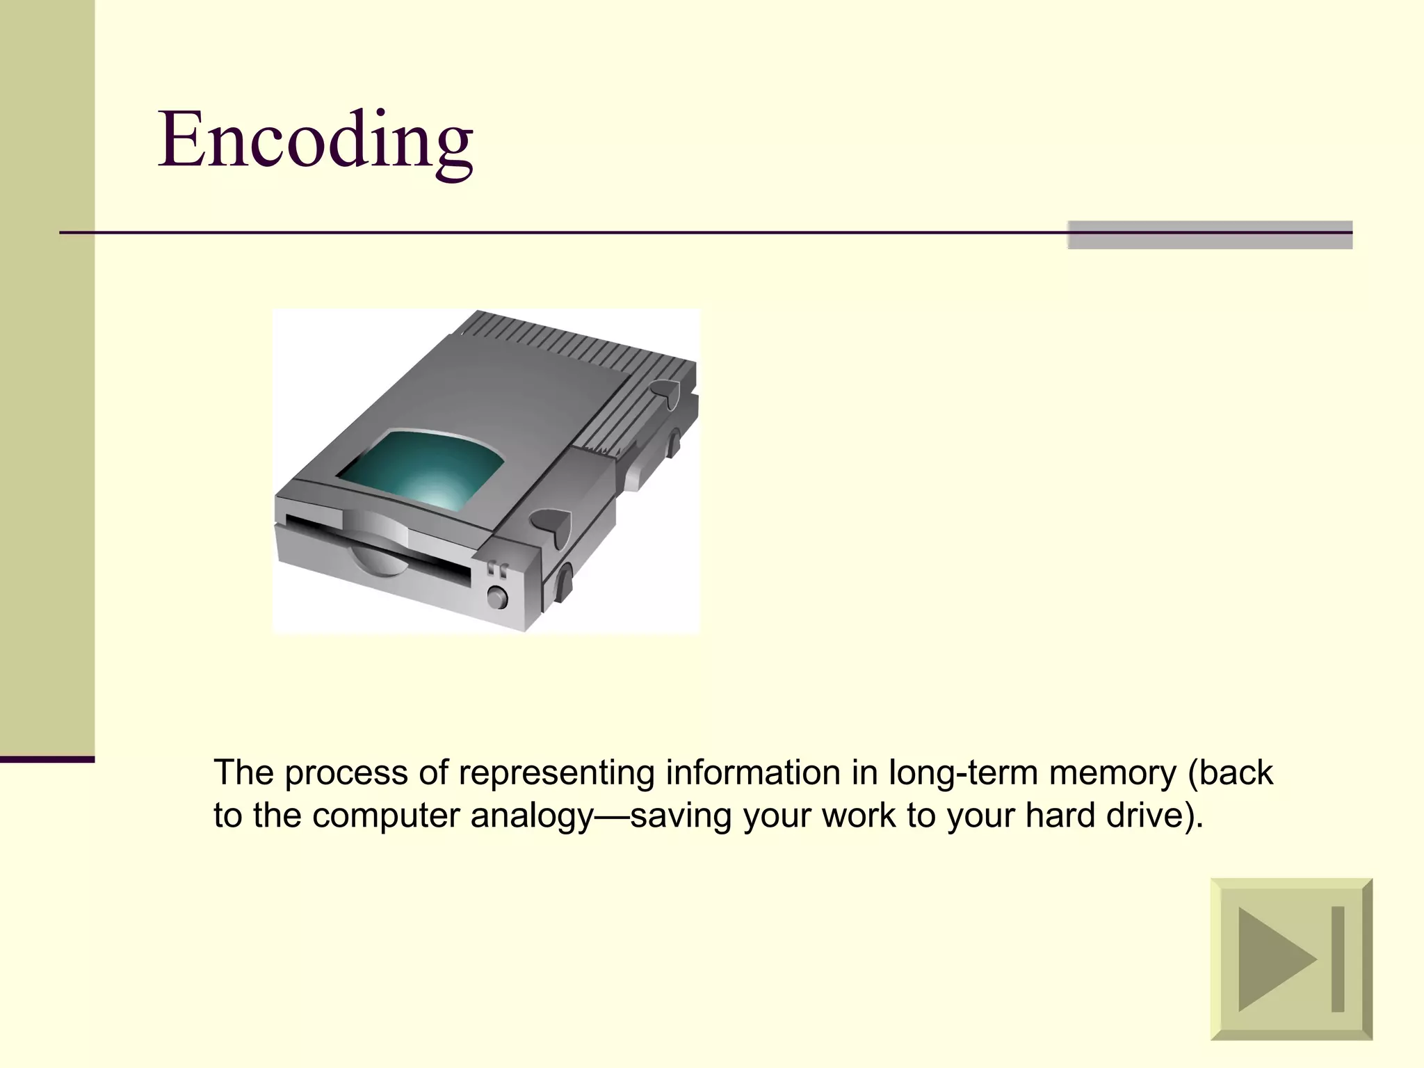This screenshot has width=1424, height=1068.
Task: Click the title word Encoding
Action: click(316, 140)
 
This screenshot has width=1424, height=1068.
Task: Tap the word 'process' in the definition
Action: click(346, 772)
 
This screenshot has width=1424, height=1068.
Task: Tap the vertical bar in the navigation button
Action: click(1337, 959)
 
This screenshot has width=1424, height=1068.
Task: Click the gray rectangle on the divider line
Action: click(1209, 235)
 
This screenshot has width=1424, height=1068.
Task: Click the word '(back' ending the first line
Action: click(1231, 772)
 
